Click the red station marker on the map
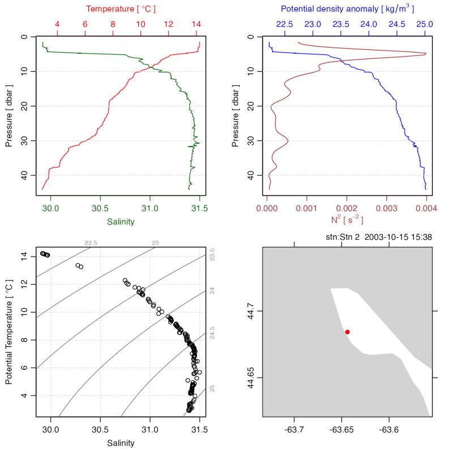tap(347, 332)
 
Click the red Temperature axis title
tap(121, 9)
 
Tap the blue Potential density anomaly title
tap(345, 9)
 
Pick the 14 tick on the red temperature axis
tap(196, 24)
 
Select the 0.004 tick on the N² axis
tap(425, 208)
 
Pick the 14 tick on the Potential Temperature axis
tap(24, 257)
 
